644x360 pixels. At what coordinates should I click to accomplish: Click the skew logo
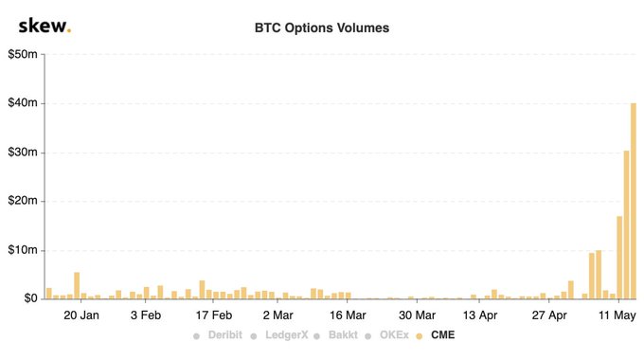[44, 26]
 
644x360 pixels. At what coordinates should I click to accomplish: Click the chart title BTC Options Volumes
[322, 27]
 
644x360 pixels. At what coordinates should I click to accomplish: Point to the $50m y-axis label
[23, 54]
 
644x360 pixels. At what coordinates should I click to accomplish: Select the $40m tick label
[23, 103]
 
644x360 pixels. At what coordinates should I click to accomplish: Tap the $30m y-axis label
[23, 153]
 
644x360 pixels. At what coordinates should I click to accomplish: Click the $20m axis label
[23, 201]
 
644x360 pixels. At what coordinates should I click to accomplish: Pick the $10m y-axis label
[23, 250]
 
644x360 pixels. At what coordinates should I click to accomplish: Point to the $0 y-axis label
[27, 298]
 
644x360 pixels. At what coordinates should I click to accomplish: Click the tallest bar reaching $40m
[634, 201]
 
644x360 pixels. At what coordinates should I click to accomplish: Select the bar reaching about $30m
[626, 225]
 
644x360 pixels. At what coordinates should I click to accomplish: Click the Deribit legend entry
[218, 335]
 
